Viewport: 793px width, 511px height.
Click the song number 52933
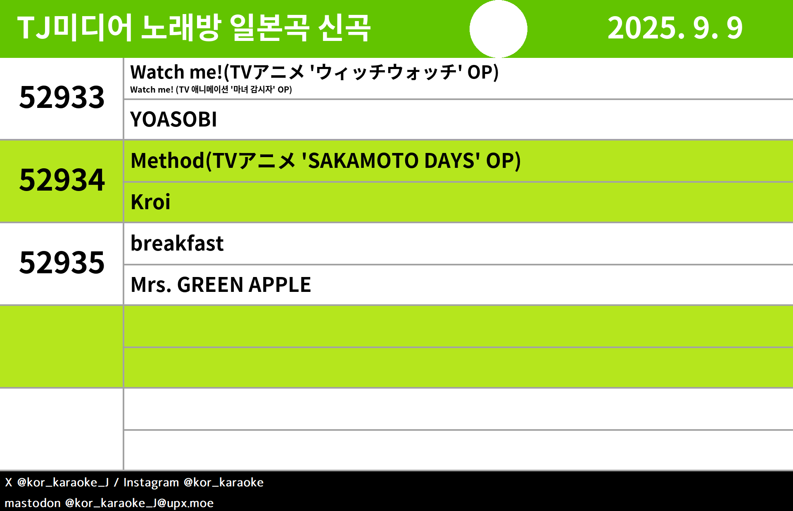[62, 98]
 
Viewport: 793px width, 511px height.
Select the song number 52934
[62, 180]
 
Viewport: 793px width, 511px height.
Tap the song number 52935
[62, 263]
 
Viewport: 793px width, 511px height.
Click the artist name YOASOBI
[173, 119]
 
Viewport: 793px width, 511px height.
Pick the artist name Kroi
[150, 202]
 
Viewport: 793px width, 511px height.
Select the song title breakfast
[177, 243]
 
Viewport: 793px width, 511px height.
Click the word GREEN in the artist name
[210, 285]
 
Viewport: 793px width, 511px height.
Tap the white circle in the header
[499, 29]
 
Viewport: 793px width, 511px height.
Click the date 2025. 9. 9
[675, 28]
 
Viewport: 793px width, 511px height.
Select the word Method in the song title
[167, 160]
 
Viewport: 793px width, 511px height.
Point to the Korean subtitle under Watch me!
[211, 90]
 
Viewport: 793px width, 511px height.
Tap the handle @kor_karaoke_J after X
[63, 482]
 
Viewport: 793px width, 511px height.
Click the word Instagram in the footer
[151, 482]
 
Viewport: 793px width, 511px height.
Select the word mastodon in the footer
[33, 503]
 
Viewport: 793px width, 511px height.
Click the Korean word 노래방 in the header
[181, 28]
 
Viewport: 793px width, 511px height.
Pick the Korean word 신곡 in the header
[344, 28]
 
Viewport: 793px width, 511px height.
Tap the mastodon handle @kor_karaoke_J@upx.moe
[140, 503]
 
